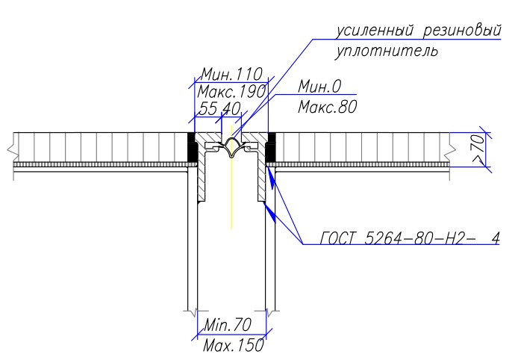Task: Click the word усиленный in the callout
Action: tap(375, 31)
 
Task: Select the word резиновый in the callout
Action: tap(462, 31)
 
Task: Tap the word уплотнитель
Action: tap(386, 52)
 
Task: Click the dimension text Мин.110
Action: tap(231, 75)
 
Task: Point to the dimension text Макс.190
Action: tap(231, 92)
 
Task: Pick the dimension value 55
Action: tap(207, 109)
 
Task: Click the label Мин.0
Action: tap(319, 87)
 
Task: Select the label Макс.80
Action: tap(328, 107)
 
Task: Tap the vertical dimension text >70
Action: tap(478, 149)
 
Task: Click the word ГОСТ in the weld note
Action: tap(337, 238)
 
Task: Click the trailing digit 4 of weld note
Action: tap(496, 239)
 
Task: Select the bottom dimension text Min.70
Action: tap(227, 325)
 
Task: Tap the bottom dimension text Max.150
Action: tap(233, 345)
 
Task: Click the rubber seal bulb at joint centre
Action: tap(231, 147)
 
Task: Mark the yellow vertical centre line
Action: tap(231, 177)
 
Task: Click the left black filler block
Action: tap(193, 147)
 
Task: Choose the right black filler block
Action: tap(270, 148)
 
